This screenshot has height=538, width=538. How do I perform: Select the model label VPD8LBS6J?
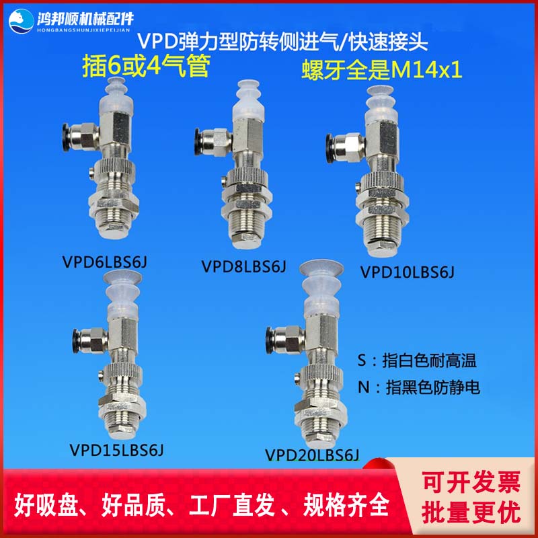[x=243, y=266]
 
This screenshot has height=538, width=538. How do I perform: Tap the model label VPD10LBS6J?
[x=408, y=272]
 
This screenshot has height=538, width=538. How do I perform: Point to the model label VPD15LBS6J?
[x=117, y=448]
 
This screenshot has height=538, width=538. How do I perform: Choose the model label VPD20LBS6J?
[x=313, y=455]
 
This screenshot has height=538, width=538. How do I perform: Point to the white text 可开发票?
[x=471, y=482]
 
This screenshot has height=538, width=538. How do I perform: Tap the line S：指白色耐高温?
[x=418, y=361]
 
